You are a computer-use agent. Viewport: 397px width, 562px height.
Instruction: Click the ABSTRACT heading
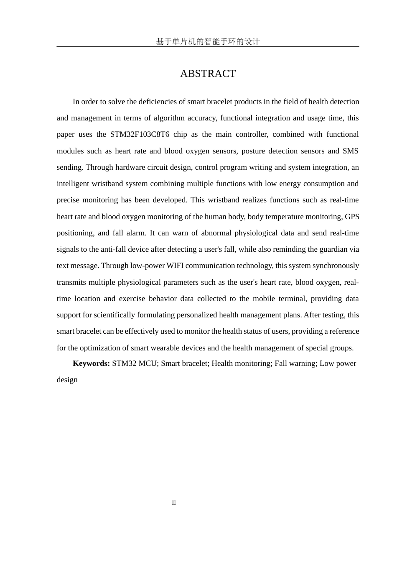[208, 74]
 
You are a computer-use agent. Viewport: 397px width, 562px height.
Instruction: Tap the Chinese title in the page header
[208, 41]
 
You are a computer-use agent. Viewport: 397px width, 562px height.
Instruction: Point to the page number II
[174, 503]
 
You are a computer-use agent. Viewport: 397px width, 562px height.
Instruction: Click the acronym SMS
[350, 151]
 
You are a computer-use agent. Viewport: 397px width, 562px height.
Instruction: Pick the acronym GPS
[352, 217]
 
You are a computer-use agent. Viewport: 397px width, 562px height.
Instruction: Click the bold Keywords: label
[91, 363]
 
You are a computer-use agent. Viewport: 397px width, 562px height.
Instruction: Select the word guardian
[327, 249]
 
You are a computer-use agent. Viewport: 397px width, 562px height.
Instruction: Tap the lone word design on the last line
[67, 380]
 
